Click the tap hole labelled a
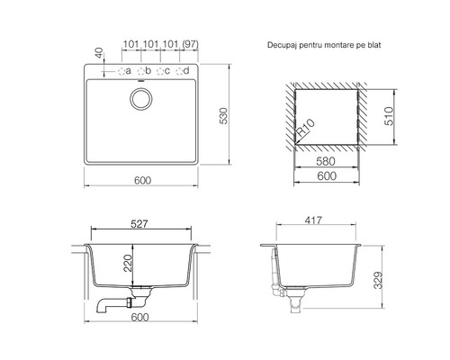click(121, 71)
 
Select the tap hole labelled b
click(140, 71)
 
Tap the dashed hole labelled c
click(160, 71)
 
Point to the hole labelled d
click(179, 71)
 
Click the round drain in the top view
click(141, 99)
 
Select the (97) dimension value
click(190, 44)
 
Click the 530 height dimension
click(224, 115)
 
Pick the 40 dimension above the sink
click(100, 53)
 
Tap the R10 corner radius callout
click(305, 127)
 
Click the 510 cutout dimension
click(389, 116)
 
